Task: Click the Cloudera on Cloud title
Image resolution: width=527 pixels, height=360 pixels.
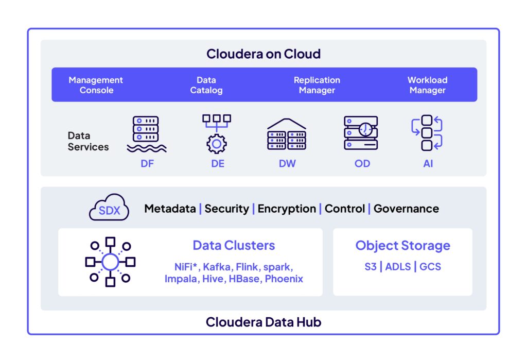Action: coord(263,54)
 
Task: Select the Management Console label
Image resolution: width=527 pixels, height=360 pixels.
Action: coord(96,85)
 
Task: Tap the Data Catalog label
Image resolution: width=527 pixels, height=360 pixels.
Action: coord(206,85)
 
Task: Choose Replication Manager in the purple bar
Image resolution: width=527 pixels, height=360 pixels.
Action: coord(317,85)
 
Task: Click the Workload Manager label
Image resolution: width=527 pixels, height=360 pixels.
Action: coord(427,85)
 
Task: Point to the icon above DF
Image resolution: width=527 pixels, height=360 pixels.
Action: coord(146,134)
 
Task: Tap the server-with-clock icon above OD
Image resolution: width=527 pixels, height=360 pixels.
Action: coord(361,133)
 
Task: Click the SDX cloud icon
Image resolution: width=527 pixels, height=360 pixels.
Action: coord(109,208)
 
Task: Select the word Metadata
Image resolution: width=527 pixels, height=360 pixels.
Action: coord(170,209)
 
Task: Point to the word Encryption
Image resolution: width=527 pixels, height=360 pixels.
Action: coord(287,209)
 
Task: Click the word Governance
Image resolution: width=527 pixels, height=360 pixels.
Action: coord(406,209)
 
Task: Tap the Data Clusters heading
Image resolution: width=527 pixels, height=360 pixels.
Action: coord(234,245)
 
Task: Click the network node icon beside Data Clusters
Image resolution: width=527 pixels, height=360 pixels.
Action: coord(110,262)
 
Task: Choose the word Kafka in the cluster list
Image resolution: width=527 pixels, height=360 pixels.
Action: coord(216,267)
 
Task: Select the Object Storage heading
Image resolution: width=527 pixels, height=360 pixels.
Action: coord(402,246)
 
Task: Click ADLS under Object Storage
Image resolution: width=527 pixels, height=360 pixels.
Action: coord(399,267)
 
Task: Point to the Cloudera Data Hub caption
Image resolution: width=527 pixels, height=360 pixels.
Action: coord(263,322)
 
